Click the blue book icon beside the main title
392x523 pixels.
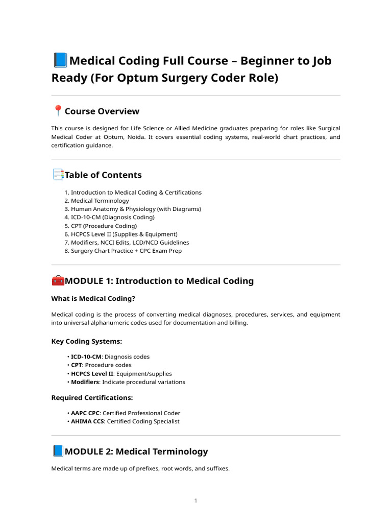point(60,61)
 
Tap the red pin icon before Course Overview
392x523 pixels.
point(58,111)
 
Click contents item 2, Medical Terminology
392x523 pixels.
point(100,201)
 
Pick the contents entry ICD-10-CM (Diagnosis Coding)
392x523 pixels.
point(112,217)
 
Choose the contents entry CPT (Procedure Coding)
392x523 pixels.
point(104,226)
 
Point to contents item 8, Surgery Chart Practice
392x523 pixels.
point(126,251)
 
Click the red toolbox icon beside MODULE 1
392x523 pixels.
point(58,280)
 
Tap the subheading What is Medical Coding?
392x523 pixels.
point(93,298)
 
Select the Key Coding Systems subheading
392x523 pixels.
point(87,341)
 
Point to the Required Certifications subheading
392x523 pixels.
point(92,397)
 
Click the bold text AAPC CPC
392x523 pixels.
point(85,413)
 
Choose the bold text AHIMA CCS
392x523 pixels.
point(87,421)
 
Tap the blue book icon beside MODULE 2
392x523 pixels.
point(58,451)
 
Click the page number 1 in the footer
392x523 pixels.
point(195,501)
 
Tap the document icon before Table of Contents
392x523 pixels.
point(58,175)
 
